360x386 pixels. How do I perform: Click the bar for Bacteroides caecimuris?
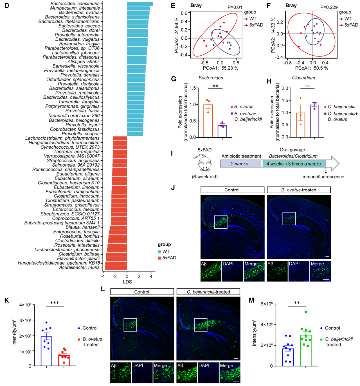tap(140, 4)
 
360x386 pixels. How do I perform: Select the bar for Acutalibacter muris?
tap(116, 268)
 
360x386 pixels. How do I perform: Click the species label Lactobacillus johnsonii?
tap(76, 53)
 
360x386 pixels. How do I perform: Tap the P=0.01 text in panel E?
tap(235, 7)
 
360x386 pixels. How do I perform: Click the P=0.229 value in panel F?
tap(329, 7)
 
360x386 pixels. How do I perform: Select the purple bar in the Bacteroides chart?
tap(222, 131)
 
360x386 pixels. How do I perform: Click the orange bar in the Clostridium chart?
tap(300, 125)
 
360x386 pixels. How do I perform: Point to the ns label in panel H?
tap(307, 86)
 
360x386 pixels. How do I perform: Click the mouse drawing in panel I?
tap(204, 164)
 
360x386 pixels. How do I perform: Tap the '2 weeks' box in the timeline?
tap(241, 164)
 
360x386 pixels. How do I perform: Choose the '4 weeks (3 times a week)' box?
tap(294, 164)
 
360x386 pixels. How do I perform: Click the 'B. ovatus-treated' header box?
tap(299, 190)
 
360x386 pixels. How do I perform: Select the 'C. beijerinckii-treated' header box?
tap(208, 292)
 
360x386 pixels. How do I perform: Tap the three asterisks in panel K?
tap(55, 303)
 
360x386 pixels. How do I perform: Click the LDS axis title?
tap(127, 282)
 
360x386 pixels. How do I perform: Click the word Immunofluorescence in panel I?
tap(323, 177)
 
